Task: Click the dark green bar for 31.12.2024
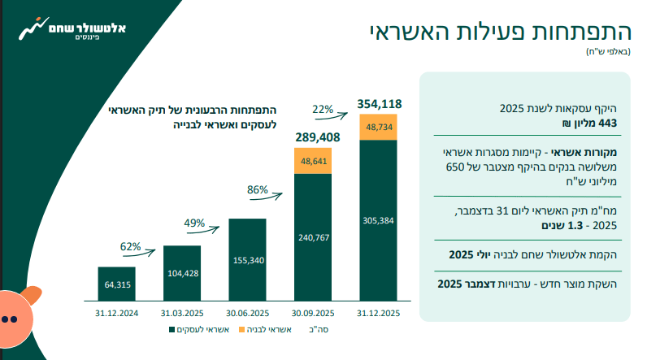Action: (117, 284)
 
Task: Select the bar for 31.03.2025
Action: (182, 273)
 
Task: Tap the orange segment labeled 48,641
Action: (313, 161)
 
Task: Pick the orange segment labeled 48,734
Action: (379, 127)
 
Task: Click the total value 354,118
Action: (380, 104)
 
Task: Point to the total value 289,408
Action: (318, 137)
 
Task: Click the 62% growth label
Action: (130, 246)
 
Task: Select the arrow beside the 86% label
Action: (266, 197)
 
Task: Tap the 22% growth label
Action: (323, 109)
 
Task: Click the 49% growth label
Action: (194, 223)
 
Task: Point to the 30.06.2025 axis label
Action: (247, 314)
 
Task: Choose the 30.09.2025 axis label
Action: (313, 314)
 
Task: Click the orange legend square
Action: (241, 329)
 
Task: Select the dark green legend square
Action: (172, 329)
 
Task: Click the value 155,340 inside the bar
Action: (249, 260)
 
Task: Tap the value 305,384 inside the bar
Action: (379, 220)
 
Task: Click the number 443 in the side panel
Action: (609, 124)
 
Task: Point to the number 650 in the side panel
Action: (454, 167)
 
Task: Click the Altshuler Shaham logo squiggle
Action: (33, 28)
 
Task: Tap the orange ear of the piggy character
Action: (33, 294)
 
